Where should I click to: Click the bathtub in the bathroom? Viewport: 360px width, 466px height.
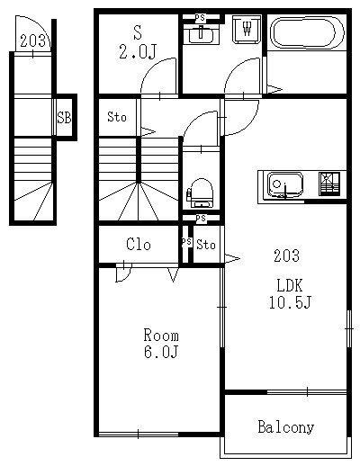click(307, 32)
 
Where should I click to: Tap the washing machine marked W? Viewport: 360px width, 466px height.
click(247, 29)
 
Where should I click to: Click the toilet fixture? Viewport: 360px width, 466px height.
click(201, 193)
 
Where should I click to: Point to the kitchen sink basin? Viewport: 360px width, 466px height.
click(285, 184)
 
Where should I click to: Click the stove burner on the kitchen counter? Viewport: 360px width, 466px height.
click(329, 184)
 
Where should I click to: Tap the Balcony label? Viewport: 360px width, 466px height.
click(286, 427)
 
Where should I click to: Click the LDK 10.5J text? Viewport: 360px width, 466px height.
click(290, 293)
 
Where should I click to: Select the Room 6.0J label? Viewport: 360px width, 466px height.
click(161, 344)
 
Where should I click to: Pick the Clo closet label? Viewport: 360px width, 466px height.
click(139, 245)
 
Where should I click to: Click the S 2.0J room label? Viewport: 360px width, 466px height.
click(138, 42)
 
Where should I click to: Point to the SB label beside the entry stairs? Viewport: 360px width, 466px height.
click(64, 117)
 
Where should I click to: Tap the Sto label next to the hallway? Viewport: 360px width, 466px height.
click(117, 117)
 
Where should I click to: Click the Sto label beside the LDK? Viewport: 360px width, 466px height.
click(206, 245)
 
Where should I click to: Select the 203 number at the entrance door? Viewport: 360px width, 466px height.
click(33, 40)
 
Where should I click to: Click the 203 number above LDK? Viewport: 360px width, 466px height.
click(286, 255)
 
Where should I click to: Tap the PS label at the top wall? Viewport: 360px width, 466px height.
click(200, 18)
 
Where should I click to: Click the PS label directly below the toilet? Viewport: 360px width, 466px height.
click(201, 219)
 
